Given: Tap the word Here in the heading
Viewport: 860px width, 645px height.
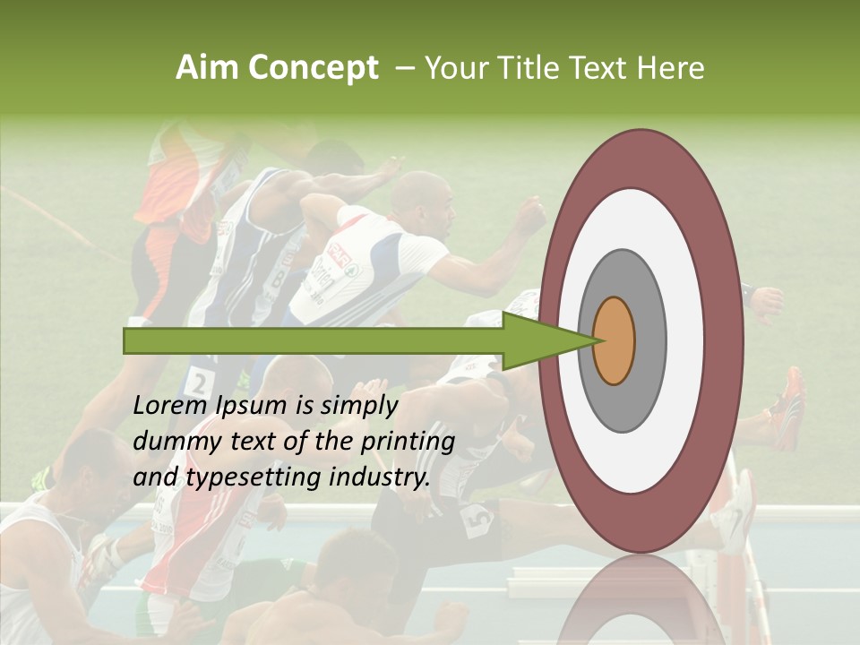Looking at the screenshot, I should click(671, 68).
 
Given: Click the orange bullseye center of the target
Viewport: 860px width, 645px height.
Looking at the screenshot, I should click(614, 340).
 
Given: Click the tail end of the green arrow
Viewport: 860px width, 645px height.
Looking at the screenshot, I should click(126, 340).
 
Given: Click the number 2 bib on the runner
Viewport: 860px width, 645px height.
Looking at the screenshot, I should click(200, 380).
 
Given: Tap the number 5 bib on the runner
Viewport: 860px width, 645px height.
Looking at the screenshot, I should click(476, 519).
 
